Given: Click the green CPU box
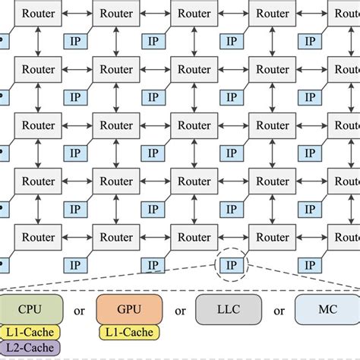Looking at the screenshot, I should [30, 310].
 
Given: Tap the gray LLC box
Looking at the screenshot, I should [228, 310].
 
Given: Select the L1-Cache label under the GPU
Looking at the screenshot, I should [128, 332].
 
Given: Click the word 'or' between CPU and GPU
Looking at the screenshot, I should [80, 311].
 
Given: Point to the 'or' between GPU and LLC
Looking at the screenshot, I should [180, 311].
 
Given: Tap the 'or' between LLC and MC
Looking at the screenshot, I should [278, 311].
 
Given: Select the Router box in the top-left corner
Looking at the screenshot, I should [38, 14].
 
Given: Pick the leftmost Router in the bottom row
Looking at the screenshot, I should [38, 237].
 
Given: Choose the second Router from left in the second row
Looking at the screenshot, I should [116, 70].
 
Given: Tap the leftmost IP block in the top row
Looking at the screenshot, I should [74, 42].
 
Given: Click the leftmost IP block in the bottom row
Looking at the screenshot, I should [74, 265].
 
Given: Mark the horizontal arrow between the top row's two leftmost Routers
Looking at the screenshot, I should [77, 14].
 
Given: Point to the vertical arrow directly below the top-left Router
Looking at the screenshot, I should [38, 42].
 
